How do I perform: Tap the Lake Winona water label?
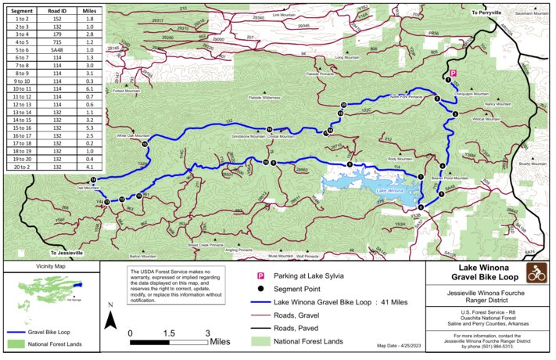(x=388, y=190)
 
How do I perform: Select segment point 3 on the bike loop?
(x=455, y=114)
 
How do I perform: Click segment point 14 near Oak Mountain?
(x=93, y=180)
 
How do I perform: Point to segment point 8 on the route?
(x=274, y=163)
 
